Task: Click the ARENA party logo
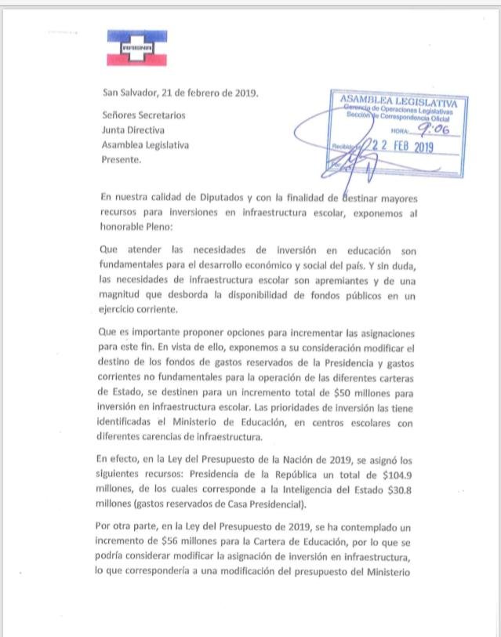tap(139, 49)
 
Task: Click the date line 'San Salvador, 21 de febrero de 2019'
tap(180, 92)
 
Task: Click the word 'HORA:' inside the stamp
tap(401, 132)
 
